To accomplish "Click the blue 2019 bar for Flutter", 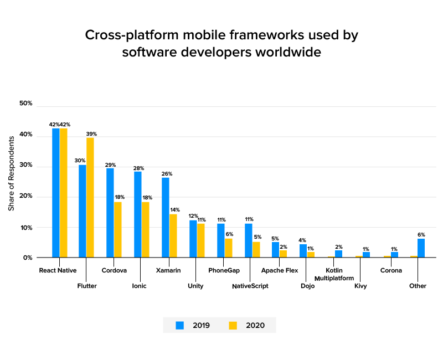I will click(83, 211).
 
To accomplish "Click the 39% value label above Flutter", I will click(91, 133).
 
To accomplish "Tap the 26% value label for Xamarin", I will click(166, 173).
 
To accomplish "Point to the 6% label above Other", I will click(421, 235).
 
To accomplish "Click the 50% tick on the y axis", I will click(26, 104).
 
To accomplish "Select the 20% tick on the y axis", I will click(26, 196).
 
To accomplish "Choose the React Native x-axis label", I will click(58, 271).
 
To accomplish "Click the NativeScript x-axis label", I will click(250, 286).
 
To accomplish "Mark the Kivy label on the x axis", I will click(360, 286).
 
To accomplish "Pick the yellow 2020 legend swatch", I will click(233, 325).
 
